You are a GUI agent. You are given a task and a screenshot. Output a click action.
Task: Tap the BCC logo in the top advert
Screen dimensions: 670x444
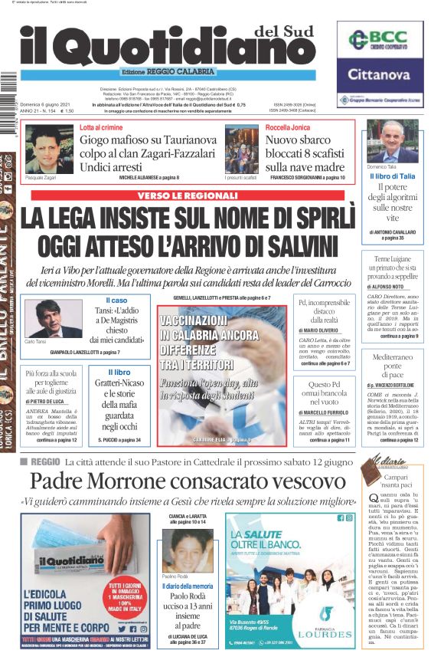pos(380,39)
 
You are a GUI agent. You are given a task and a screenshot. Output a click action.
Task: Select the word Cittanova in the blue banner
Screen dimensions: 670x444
pos(380,74)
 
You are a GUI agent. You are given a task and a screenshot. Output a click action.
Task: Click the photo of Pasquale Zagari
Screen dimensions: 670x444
pos(49,149)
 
